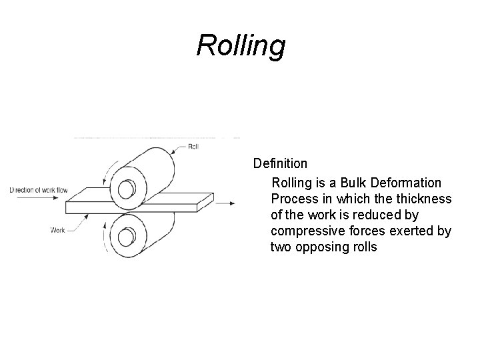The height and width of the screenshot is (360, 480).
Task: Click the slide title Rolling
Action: pos(241,46)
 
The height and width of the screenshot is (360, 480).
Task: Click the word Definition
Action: pos(279,163)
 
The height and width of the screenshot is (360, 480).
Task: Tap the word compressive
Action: pos(305,231)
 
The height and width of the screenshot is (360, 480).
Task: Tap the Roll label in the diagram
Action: pos(194,147)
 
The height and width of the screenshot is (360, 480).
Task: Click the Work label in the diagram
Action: pos(58,231)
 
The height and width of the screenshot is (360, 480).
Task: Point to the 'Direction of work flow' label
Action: pos(38,190)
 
